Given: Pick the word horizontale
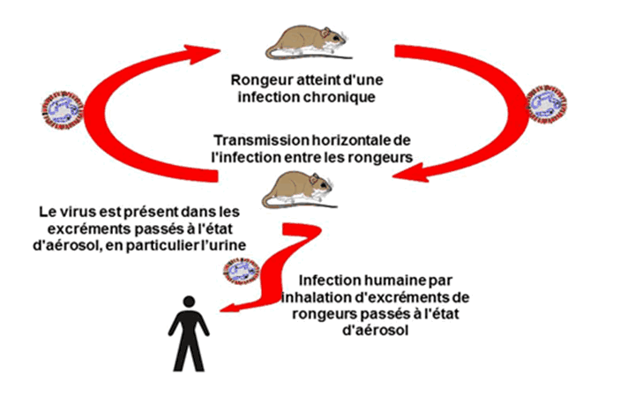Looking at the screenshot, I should coord(349,141).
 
